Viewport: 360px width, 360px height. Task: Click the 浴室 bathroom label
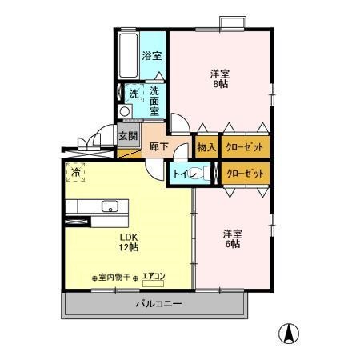click(152, 56)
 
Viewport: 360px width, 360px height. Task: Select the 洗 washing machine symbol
click(134, 94)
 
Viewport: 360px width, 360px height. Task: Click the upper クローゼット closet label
click(245, 147)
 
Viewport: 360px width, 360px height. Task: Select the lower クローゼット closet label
click(245, 172)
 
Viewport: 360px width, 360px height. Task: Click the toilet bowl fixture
click(206, 173)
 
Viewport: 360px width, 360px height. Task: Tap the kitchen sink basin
click(109, 209)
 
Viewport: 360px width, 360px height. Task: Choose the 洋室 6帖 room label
click(232, 238)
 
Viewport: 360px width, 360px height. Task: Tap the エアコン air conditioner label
click(153, 277)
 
